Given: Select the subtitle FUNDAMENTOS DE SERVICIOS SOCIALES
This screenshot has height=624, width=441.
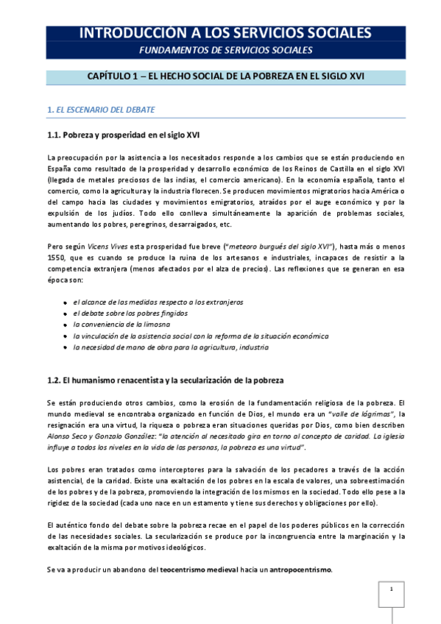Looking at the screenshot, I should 226,50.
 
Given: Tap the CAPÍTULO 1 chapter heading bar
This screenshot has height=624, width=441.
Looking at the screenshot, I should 225,77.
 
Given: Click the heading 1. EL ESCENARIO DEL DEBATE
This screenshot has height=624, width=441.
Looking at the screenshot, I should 100,110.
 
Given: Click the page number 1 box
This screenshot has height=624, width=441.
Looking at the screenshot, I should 392,589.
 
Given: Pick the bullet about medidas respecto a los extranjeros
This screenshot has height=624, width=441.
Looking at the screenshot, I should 158,302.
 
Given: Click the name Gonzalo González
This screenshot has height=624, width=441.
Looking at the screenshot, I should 121,436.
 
